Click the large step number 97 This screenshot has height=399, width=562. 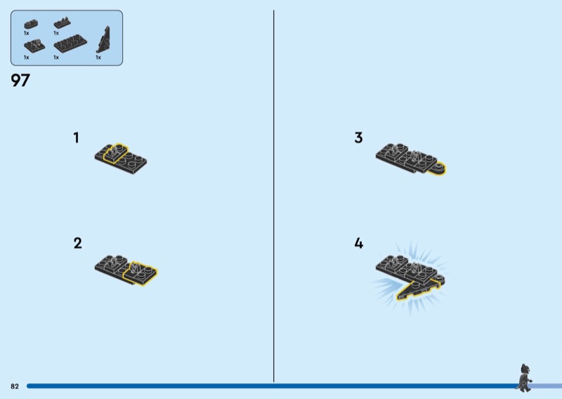click(20, 80)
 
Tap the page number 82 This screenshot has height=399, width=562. click(15, 386)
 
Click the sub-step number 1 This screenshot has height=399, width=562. click(76, 138)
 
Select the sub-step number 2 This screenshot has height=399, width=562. click(78, 243)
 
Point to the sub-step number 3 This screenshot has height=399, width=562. click(358, 138)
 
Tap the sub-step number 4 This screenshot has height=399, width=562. click(359, 243)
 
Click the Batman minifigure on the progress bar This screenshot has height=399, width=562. click(525, 378)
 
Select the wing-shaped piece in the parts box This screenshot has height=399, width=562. click(104, 40)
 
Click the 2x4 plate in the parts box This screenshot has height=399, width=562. click(70, 44)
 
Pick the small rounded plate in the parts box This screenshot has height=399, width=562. click(31, 24)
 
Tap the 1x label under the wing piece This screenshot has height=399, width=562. click(98, 58)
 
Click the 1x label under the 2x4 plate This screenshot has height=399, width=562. click(56, 58)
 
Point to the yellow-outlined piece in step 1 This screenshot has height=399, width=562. click(115, 153)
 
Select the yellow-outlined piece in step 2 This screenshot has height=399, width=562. click(140, 273)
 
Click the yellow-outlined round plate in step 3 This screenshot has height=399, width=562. click(437, 169)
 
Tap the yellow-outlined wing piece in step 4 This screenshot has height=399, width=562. click(419, 289)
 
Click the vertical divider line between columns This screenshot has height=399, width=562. click(274, 196)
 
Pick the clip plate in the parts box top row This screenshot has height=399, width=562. click(62, 23)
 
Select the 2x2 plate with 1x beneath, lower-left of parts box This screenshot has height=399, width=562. click(34, 46)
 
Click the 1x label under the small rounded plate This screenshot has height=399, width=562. click(27, 33)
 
